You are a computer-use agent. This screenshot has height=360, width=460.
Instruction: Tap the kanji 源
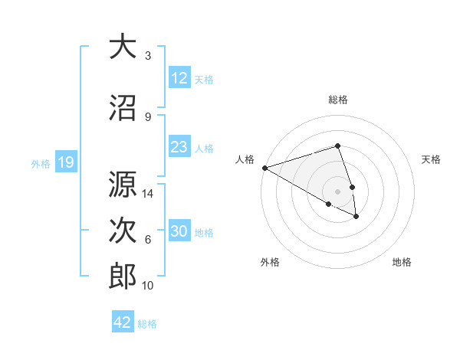pos(123,185)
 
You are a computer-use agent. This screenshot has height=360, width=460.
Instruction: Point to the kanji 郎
pos(123,277)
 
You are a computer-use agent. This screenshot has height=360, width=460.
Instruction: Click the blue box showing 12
pos(179,78)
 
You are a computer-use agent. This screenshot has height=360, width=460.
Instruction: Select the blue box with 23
pos(179,147)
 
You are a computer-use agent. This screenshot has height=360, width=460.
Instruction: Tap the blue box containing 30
pos(179,232)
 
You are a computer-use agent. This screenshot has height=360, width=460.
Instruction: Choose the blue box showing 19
pos(65,162)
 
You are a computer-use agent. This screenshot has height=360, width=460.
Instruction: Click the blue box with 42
pos(123,322)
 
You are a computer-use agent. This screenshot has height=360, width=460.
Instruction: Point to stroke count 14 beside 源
pos(149,194)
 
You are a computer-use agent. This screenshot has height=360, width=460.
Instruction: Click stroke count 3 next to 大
pos(148,56)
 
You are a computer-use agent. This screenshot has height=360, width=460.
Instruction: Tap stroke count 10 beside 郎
pos(149,286)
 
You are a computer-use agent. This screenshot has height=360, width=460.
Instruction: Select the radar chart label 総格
pos(337,100)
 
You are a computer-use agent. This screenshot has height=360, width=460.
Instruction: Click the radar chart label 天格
pos(432,159)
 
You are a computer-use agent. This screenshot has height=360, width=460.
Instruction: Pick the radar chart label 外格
pos(270,262)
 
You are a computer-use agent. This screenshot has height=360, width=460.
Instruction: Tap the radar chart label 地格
pos(402,262)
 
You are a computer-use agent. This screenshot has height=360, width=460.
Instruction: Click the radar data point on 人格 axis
pos(264,167)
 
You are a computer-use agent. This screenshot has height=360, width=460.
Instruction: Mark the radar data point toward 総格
pos(337,146)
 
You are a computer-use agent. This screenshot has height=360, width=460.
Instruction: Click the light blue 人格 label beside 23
pos(204,148)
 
